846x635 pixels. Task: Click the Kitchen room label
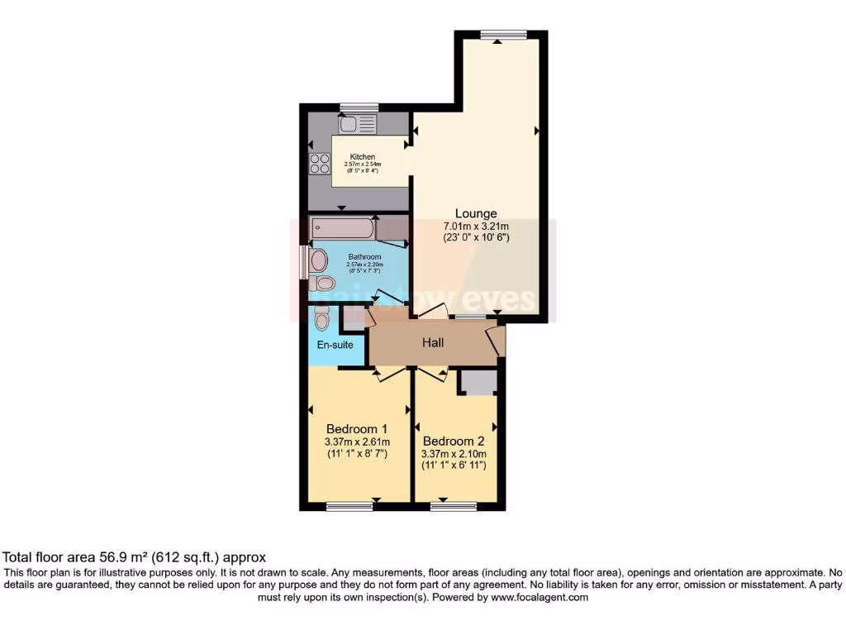pos(362,156)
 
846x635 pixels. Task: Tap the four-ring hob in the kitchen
pos(320,164)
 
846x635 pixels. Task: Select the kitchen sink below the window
pos(357,124)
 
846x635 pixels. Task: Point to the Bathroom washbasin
pos(319,261)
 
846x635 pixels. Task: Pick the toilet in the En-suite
pos(322,317)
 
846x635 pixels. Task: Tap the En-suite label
pos(336,345)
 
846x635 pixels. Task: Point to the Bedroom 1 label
pos(357,429)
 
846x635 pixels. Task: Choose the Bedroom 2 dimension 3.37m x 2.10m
pos(454,454)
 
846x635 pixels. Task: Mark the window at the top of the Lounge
pos(503,35)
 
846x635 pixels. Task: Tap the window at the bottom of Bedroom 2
pos(453,506)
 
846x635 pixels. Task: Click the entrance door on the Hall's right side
pos(497,340)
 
